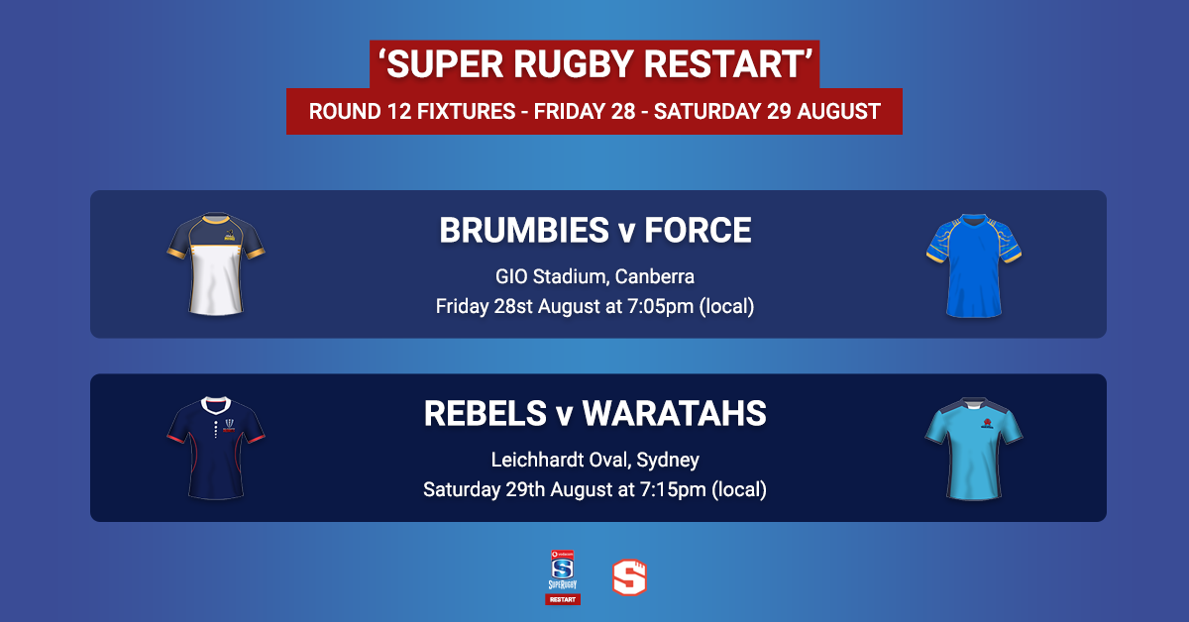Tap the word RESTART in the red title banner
click(723, 64)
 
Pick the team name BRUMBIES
click(524, 231)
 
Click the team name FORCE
click(698, 231)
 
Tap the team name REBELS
click(486, 413)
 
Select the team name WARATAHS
click(674, 413)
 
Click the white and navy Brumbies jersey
click(216, 264)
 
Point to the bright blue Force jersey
click(973, 265)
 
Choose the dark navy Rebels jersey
click(216, 448)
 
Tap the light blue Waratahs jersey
click(973, 449)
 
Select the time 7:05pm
click(660, 306)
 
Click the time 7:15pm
click(673, 489)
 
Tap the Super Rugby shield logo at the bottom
click(563, 576)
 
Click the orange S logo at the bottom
click(629, 576)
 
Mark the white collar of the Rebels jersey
click(216, 405)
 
